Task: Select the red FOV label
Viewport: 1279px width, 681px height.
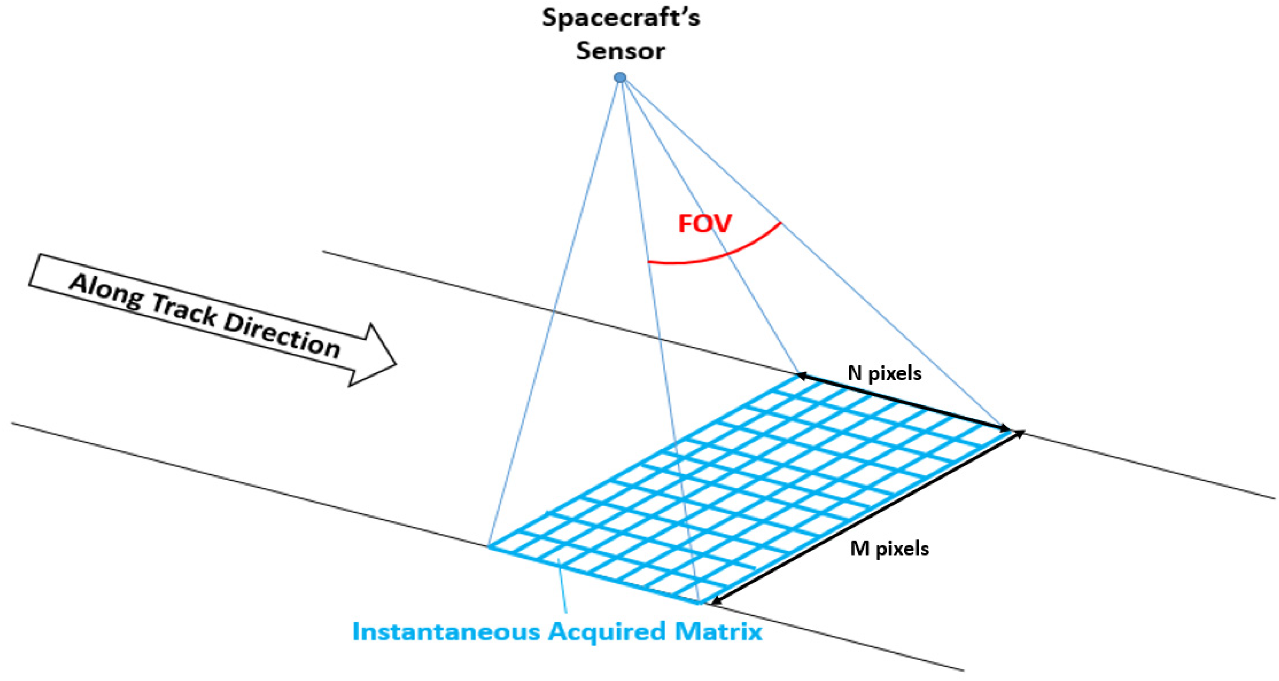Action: (x=704, y=224)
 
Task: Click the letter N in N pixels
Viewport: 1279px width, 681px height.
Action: (x=854, y=373)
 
